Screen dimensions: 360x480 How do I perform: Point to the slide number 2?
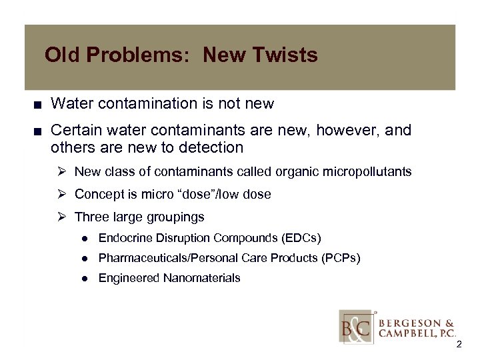click(x=459, y=344)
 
